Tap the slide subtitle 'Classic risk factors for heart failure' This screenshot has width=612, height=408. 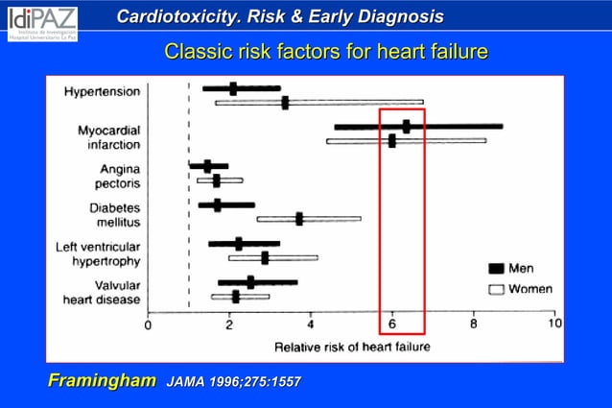[x=326, y=51]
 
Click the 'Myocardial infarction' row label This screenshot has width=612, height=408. [x=108, y=137]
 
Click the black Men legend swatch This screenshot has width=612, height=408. [x=496, y=269]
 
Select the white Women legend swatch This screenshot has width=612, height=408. [x=496, y=289]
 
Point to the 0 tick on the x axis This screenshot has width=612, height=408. [x=148, y=324]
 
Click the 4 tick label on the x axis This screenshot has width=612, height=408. [x=311, y=324]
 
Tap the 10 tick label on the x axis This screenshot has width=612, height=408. [x=553, y=324]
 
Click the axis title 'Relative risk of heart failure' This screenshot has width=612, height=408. [x=352, y=345]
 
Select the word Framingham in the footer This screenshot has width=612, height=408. [x=102, y=381]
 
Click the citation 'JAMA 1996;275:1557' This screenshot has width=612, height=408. [x=234, y=382]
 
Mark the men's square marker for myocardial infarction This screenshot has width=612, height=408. [x=407, y=126]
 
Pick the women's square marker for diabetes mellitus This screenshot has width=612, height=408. [x=299, y=219]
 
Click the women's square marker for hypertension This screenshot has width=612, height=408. [x=285, y=102]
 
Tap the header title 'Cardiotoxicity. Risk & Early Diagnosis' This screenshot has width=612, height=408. [x=280, y=16]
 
